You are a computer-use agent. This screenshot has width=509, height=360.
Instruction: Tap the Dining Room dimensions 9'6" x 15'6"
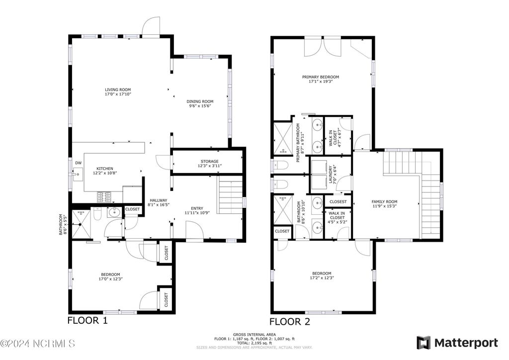pyautogui.click(x=200, y=106)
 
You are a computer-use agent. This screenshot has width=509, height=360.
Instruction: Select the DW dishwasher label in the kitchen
pyautogui.click(x=78, y=163)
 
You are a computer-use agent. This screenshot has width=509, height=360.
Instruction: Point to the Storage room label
pyautogui.click(x=209, y=161)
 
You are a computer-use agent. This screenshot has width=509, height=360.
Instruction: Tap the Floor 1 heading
pyautogui.click(x=87, y=321)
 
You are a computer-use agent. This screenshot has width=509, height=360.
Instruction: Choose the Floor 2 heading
pyautogui.click(x=290, y=322)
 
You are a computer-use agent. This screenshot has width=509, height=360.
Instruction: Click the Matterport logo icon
pyautogui.click(x=424, y=343)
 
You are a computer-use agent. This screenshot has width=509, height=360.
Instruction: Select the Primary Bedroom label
pyautogui.click(x=321, y=77)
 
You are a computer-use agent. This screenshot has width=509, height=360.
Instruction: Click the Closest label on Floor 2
pyautogui.click(x=338, y=202)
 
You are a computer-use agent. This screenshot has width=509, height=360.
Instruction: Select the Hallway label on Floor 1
pyautogui.click(x=158, y=200)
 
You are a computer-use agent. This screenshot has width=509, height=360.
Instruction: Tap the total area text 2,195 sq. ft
pyautogui.click(x=254, y=343)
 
